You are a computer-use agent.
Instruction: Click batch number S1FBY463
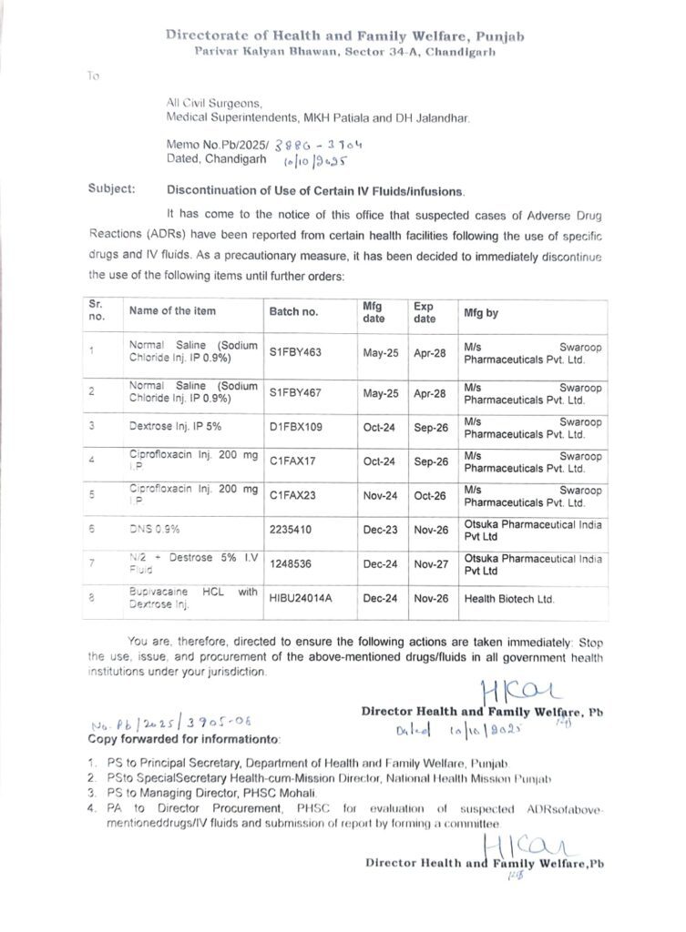pyautogui.click(x=296, y=352)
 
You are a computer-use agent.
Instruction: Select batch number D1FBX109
pyautogui.click(x=296, y=425)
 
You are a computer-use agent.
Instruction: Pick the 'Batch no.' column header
pyautogui.click(x=293, y=311)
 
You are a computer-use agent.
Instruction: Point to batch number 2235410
pyautogui.click(x=292, y=528)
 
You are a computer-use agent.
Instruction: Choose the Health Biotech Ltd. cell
pyautogui.click(x=509, y=598)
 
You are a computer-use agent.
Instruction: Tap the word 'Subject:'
pyautogui.click(x=112, y=190)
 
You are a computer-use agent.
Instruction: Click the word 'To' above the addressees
pyautogui.click(x=93, y=76)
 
